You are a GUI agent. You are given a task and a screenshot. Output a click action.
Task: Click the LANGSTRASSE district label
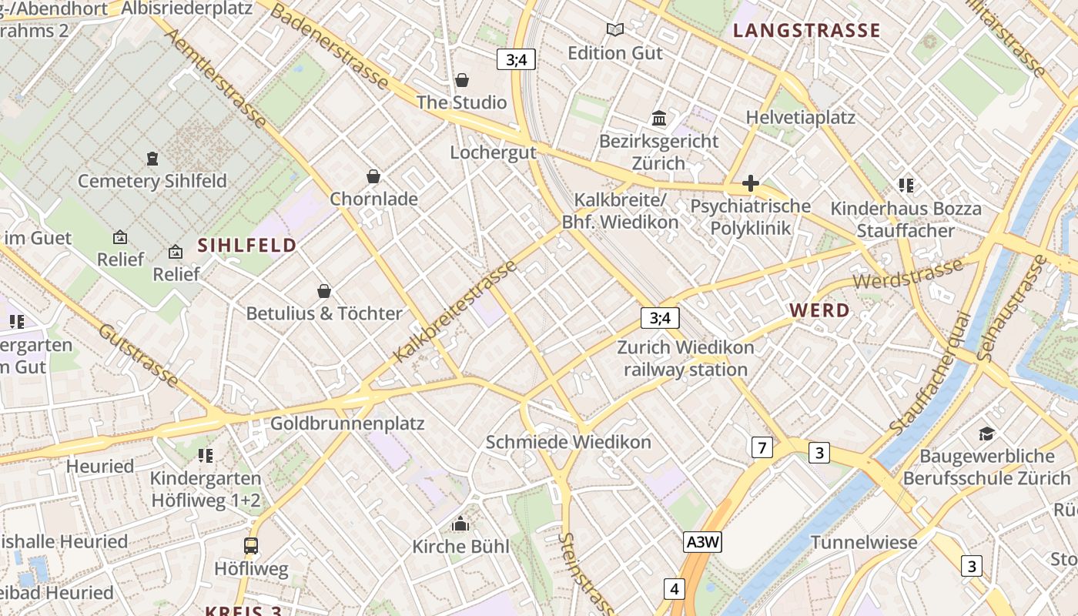click(806, 31)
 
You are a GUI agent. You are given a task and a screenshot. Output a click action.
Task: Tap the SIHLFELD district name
click(247, 246)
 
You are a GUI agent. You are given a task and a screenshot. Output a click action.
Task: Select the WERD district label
click(820, 311)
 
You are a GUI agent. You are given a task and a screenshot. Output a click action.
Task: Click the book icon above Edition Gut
click(614, 30)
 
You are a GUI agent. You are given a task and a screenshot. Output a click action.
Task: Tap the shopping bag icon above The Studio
click(462, 80)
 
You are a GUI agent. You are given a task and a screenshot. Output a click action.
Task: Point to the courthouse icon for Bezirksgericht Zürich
click(659, 119)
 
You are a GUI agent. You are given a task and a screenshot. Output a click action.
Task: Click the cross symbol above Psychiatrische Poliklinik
click(751, 183)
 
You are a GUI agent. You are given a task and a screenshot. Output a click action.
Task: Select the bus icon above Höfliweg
click(251, 546)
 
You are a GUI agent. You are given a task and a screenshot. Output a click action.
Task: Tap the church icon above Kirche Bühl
click(460, 524)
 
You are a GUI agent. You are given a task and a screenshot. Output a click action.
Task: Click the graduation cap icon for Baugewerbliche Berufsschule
click(986, 434)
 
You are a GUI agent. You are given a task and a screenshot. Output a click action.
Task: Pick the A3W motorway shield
click(702, 542)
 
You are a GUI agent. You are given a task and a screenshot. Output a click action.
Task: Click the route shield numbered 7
click(762, 447)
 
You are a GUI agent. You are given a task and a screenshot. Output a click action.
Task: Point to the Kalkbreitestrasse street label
click(455, 312)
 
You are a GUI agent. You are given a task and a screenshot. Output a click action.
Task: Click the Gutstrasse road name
click(139, 355)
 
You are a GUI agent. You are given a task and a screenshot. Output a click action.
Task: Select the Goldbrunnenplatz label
click(347, 423)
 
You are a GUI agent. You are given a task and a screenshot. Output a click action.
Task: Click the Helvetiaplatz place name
click(801, 118)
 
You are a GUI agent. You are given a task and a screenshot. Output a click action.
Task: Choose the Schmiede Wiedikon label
click(568, 442)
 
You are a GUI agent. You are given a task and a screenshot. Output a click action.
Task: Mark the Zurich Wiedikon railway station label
click(685, 359)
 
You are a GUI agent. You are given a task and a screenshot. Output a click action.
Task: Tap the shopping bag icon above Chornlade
click(373, 177)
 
